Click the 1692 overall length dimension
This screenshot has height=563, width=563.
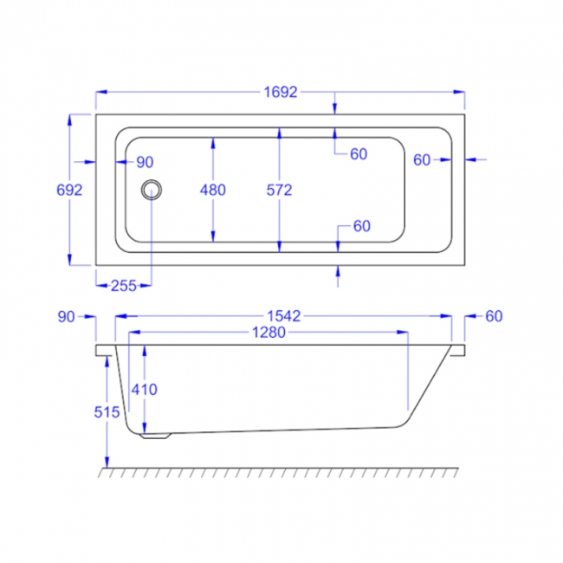point(281,93)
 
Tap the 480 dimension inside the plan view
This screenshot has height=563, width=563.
point(212,190)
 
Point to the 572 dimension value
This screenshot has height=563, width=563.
point(279,190)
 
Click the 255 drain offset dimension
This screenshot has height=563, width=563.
point(123,286)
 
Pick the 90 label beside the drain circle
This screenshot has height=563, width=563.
point(144,162)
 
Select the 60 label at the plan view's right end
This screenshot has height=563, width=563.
point(422,159)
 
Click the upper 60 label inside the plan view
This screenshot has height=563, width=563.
point(359,154)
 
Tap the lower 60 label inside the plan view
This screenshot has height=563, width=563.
point(361,226)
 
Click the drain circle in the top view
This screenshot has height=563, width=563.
point(152,189)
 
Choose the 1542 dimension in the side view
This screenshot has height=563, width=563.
point(283,316)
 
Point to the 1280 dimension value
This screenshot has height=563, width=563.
point(269,333)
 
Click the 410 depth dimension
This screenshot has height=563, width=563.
point(144,390)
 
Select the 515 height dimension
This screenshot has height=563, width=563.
point(106,412)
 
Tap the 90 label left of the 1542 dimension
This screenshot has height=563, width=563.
point(68,316)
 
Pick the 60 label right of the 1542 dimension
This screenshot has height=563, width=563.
point(494,316)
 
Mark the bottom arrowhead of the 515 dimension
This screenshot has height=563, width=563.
point(106,463)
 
